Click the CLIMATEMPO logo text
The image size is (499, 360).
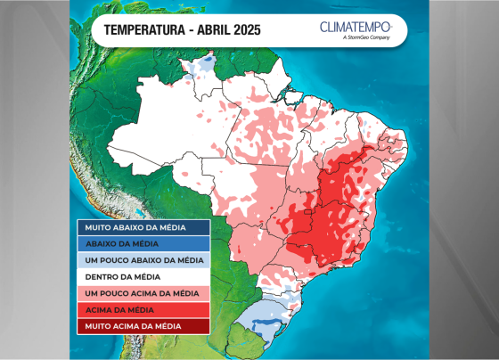click(x=362, y=27)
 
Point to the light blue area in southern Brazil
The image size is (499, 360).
click(x=258, y=314)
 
